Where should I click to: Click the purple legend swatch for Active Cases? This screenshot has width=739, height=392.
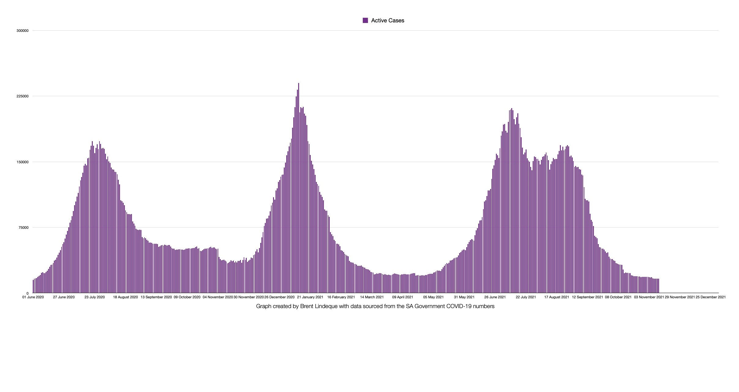click(365, 21)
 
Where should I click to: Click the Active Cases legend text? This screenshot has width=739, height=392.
click(388, 21)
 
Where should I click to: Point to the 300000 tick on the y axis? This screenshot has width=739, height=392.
click(23, 31)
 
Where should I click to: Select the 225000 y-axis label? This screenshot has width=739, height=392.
click(23, 96)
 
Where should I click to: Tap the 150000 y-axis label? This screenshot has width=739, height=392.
click(23, 162)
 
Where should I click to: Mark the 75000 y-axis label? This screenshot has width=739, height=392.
click(24, 228)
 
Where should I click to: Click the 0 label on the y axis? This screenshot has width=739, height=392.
click(28, 293)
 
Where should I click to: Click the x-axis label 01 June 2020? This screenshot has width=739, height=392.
click(33, 297)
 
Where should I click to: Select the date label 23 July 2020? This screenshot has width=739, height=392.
click(95, 297)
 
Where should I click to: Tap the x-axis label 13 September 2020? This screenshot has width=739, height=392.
click(156, 297)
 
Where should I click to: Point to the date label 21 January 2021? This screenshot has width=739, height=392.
click(310, 297)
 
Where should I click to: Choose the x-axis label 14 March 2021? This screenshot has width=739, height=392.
click(372, 297)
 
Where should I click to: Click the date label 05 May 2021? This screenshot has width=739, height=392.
click(433, 297)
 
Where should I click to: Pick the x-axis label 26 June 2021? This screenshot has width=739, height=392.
click(495, 297)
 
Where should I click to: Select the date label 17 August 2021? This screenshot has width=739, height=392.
click(557, 297)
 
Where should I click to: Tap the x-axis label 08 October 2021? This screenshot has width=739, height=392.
click(618, 297)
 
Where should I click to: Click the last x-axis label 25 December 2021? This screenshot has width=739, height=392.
click(711, 297)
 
